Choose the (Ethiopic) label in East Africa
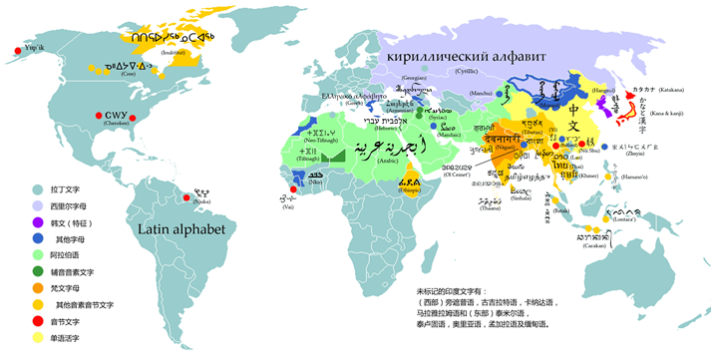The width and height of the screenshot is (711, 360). pos(411,190)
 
